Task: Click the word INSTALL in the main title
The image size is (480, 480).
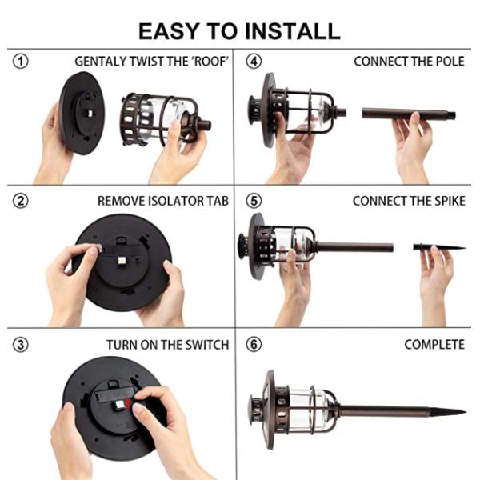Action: click(293, 31)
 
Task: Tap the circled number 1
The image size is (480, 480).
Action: click(20, 62)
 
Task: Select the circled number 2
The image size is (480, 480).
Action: click(20, 201)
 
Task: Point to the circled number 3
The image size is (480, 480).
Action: click(20, 345)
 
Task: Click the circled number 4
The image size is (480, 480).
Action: click(254, 62)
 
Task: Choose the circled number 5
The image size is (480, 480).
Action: click(254, 201)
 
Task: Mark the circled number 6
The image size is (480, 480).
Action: click(254, 345)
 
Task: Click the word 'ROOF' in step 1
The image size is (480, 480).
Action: click(210, 62)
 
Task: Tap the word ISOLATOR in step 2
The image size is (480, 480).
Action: click(176, 201)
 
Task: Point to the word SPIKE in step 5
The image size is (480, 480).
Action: click(450, 201)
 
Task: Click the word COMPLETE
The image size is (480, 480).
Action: click(434, 345)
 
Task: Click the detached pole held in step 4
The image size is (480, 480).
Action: click(409, 114)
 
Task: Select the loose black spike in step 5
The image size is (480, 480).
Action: click(439, 247)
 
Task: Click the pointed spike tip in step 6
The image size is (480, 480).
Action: click(466, 411)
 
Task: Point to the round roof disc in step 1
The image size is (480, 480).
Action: click(82, 114)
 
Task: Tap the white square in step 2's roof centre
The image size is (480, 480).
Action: click(121, 261)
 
